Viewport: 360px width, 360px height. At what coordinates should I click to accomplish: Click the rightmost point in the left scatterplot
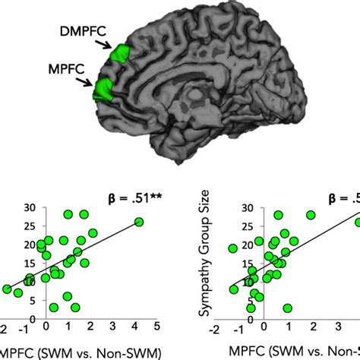point(139,222)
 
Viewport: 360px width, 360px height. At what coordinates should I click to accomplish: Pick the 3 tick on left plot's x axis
point(113,326)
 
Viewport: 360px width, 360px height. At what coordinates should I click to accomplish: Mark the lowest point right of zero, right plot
point(288,308)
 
